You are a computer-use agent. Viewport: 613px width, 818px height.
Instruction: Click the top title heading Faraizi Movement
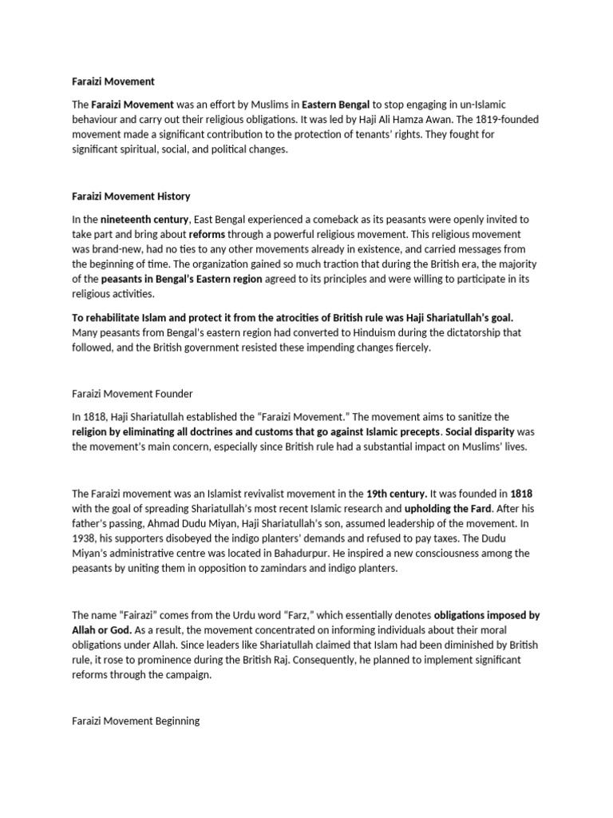coord(113,81)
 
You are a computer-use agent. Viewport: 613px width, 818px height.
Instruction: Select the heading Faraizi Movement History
coord(131,196)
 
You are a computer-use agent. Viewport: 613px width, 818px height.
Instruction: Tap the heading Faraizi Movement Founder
coord(132,393)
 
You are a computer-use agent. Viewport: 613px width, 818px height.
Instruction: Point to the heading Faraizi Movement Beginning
coord(136,721)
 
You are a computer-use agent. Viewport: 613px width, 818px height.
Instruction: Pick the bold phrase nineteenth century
coord(144,219)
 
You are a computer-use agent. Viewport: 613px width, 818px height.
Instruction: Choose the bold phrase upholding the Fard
coord(452,508)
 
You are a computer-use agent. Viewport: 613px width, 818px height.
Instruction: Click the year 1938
coord(85,538)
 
